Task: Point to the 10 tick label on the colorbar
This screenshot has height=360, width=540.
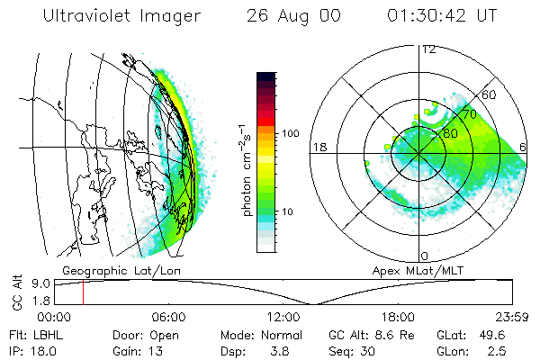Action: click(x=289, y=211)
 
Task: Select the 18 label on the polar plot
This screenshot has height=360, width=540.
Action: click(x=318, y=147)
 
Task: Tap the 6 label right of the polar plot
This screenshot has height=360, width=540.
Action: click(x=524, y=147)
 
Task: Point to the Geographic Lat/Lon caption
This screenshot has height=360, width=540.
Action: click(x=109, y=270)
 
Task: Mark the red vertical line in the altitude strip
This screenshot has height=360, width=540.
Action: click(x=83, y=292)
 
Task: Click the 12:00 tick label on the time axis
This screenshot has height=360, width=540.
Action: click(x=283, y=317)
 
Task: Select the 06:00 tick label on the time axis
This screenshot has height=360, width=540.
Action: click(x=168, y=317)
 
